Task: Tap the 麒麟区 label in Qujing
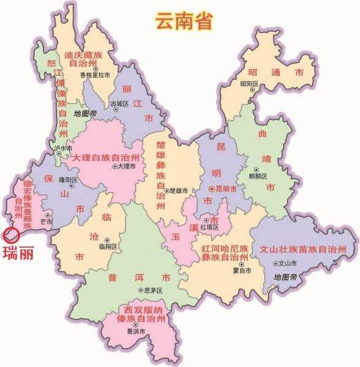[260, 176]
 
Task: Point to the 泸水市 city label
[62, 148]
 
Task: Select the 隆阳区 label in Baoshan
[68, 179]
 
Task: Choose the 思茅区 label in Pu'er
[151, 290]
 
